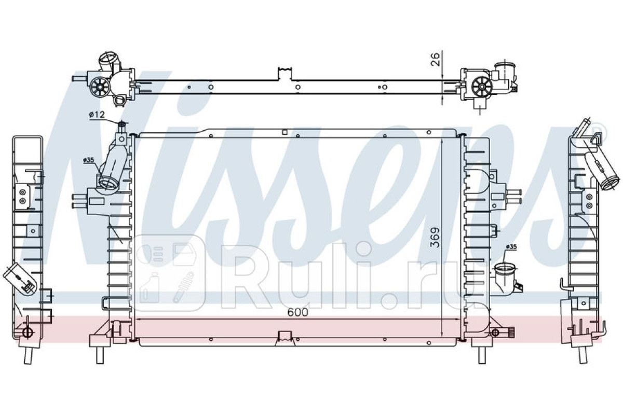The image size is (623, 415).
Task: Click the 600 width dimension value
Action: tap(298, 312)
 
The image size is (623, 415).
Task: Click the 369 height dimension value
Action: tap(435, 238)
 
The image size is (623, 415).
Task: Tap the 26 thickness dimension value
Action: tap(436, 59)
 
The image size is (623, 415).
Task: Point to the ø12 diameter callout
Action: tap(97, 115)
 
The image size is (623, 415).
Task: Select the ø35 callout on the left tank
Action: tap(88, 160)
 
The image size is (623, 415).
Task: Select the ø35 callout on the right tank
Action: tap(511, 247)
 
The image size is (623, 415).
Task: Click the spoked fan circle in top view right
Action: tap(482, 87)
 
